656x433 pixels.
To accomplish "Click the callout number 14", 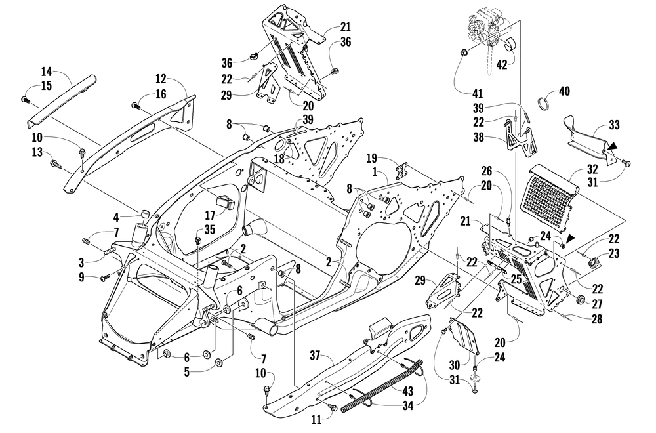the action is tap(47, 71).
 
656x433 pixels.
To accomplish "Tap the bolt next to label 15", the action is tap(24, 100).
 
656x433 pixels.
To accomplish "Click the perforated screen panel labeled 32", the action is tap(548, 192).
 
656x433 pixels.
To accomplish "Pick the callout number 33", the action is tap(614, 125).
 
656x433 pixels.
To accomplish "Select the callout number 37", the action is tap(315, 356).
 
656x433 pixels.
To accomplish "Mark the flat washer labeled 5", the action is tap(219, 361).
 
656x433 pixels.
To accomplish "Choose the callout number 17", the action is tap(210, 215).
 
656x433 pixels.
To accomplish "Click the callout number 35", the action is tap(210, 229).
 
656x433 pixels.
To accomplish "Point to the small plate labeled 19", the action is tap(401, 172).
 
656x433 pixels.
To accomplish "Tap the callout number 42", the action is tap(502, 65).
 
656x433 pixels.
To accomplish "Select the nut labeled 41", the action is tap(464, 52).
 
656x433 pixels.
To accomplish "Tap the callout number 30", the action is tap(455, 365).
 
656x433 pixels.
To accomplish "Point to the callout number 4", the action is tap(116, 218).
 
